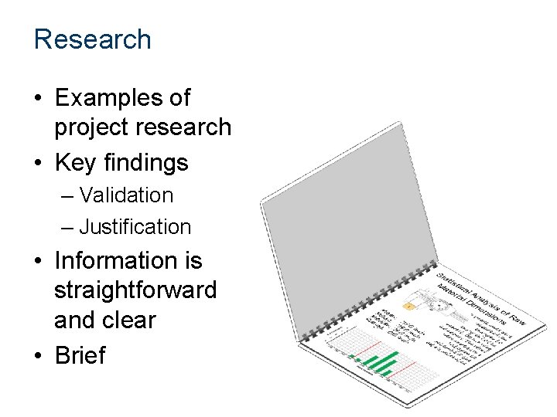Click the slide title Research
[x=92, y=39]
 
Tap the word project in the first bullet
[x=91, y=127]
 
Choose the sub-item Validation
[x=126, y=195]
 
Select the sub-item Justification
[x=135, y=227]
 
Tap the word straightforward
[x=135, y=290]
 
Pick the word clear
[x=127, y=320]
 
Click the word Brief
[x=80, y=355]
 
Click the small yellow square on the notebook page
[x=408, y=307]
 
